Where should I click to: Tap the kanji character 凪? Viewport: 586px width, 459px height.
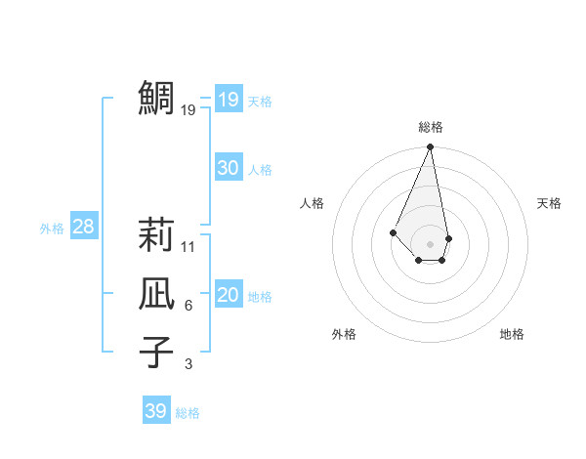[156, 294]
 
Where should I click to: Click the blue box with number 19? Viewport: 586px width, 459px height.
[228, 99]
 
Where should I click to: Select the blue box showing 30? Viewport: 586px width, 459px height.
[228, 168]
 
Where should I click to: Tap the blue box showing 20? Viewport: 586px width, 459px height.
[228, 295]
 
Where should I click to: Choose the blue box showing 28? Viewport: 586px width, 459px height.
[83, 227]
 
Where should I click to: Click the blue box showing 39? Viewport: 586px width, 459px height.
[155, 411]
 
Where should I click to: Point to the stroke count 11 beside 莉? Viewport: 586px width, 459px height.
[188, 247]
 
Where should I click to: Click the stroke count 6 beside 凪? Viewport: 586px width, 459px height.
[188, 306]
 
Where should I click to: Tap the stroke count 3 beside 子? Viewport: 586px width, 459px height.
[188, 364]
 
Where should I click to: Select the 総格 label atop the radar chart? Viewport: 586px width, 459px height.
[430, 127]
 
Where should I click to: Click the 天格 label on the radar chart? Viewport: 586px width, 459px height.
[549, 203]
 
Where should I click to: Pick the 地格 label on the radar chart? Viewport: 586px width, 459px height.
[512, 334]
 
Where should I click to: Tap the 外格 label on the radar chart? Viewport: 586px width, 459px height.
[344, 334]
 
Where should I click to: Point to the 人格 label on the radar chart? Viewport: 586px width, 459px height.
[312, 203]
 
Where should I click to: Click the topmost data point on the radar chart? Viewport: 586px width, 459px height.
[430, 147]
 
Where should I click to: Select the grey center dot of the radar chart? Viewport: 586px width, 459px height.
[430, 243]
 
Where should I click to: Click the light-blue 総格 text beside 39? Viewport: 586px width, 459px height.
[188, 413]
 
